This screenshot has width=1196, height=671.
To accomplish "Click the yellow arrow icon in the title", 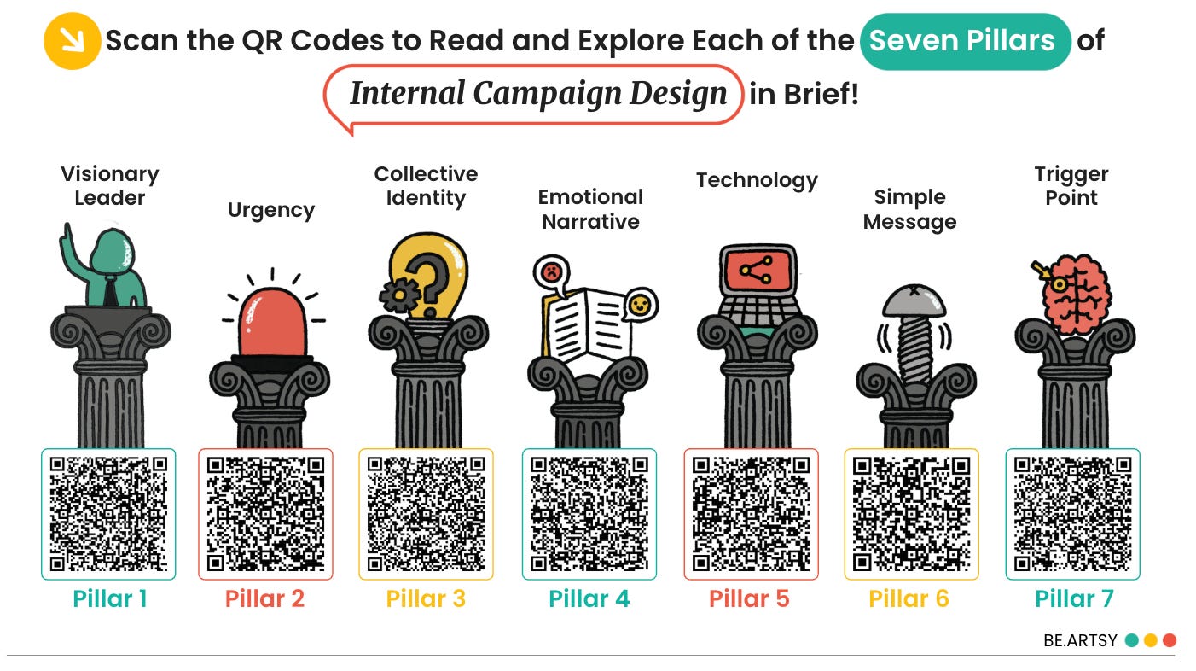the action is pos(71,40).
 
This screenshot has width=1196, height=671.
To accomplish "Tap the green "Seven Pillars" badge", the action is pos(965,41).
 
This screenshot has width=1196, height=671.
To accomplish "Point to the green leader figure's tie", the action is pos(110,290).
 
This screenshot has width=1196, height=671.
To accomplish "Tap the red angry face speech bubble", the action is pos(551,273).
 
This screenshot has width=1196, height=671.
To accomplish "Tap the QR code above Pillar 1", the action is pos(108,515).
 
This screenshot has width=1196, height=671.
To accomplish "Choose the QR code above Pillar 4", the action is pos(589,515).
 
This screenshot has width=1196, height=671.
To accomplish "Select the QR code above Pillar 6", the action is pos(911,515).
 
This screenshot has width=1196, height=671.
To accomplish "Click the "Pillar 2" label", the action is pos(264,599).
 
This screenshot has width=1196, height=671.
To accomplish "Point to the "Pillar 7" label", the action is pos(1074,599).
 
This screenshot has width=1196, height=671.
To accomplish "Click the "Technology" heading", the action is pos(757,181).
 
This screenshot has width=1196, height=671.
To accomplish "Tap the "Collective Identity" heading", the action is pos(426,186).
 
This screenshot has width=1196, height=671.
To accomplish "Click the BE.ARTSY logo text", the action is pos(1080,640).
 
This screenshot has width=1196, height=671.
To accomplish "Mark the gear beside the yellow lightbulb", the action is pos(395,295).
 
